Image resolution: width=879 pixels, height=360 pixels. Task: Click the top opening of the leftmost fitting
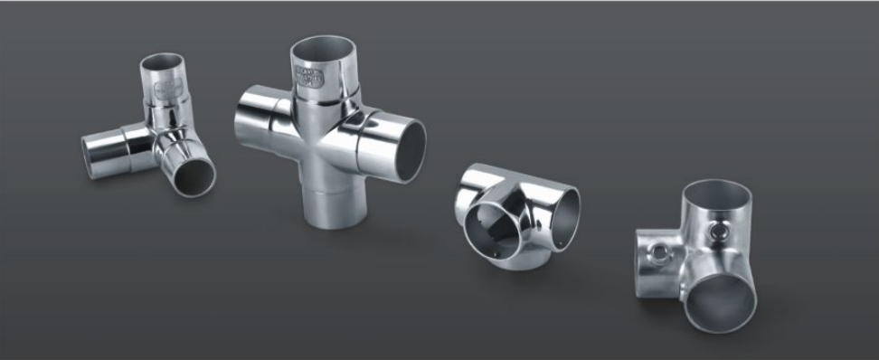tap(163, 64)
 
